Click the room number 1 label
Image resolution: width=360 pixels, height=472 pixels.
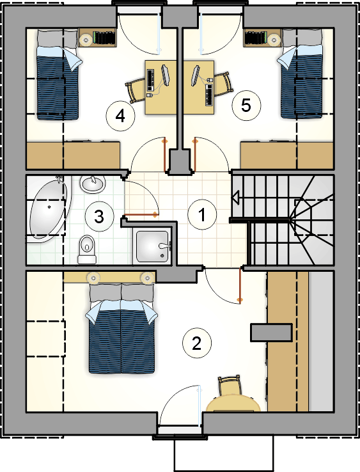point(202,215)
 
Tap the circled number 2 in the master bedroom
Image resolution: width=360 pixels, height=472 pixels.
point(197,343)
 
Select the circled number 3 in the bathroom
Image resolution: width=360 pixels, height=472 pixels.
point(99,217)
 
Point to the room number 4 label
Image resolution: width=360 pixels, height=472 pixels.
point(120,116)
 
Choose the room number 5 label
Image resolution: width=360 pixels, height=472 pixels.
point(246,106)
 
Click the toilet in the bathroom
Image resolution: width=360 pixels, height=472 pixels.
point(88,249)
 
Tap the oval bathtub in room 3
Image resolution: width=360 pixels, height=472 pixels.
point(48,208)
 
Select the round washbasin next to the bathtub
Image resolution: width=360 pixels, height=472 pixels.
point(93,184)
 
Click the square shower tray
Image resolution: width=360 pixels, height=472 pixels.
point(152,246)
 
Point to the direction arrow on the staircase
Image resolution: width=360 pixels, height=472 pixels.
point(235,198)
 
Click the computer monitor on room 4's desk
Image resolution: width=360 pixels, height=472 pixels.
point(166,75)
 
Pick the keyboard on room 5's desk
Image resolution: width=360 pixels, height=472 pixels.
point(209,95)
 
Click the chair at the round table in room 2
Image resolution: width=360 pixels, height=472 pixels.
point(229,386)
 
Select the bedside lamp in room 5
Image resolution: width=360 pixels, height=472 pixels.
point(274,39)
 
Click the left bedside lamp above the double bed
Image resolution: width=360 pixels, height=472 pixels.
point(93,278)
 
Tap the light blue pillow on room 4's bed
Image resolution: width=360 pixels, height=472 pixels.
point(72,59)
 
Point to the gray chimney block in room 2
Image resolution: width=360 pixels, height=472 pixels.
point(272,333)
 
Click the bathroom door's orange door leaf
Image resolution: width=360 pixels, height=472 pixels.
point(141,215)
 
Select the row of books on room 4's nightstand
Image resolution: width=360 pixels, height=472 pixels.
point(104,38)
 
